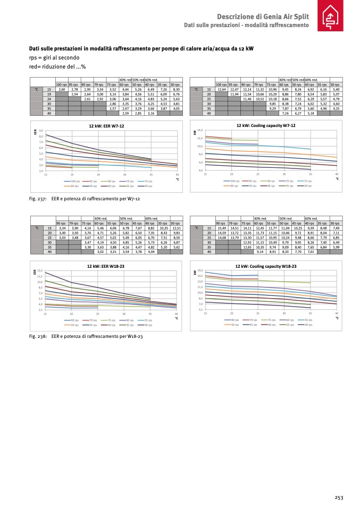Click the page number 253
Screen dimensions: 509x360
pyautogui.click(x=339, y=497)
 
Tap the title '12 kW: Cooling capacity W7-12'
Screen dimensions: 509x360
pyautogui.click(x=265, y=125)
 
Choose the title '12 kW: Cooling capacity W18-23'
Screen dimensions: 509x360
pyautogui.click(x=265, y=266)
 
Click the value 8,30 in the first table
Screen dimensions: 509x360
pyautogui.click(x=177, y=89)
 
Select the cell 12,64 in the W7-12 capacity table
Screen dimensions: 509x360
pyautogui.click(x=222, y=89)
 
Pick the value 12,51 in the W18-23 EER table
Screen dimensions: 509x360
pyautogui.click(x=177, y=228)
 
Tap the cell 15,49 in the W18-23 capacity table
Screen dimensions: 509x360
pyautogui.click(x=222, y=228)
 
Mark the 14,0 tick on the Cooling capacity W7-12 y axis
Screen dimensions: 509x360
pyautogui.click(x=200, y=130)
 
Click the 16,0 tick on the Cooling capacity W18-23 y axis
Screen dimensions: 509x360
pyautogui.click(x=200, y=271)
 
